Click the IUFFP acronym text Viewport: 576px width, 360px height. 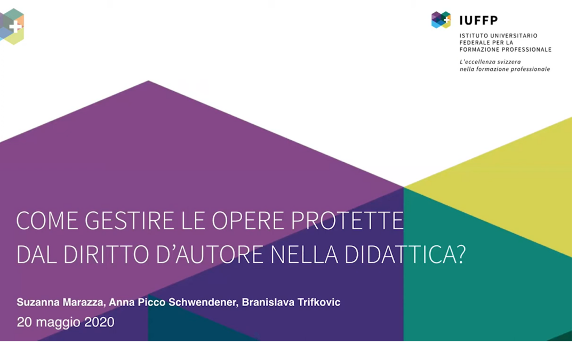[478, 20]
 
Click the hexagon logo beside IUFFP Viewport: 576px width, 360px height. [441, 20]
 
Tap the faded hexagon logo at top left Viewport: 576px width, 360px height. [12, 27]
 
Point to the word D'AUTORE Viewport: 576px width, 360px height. [210, 254]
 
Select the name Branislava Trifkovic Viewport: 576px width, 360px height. [291, 302]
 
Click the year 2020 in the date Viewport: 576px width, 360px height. [99, 322]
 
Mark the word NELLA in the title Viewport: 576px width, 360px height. [304, 254]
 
